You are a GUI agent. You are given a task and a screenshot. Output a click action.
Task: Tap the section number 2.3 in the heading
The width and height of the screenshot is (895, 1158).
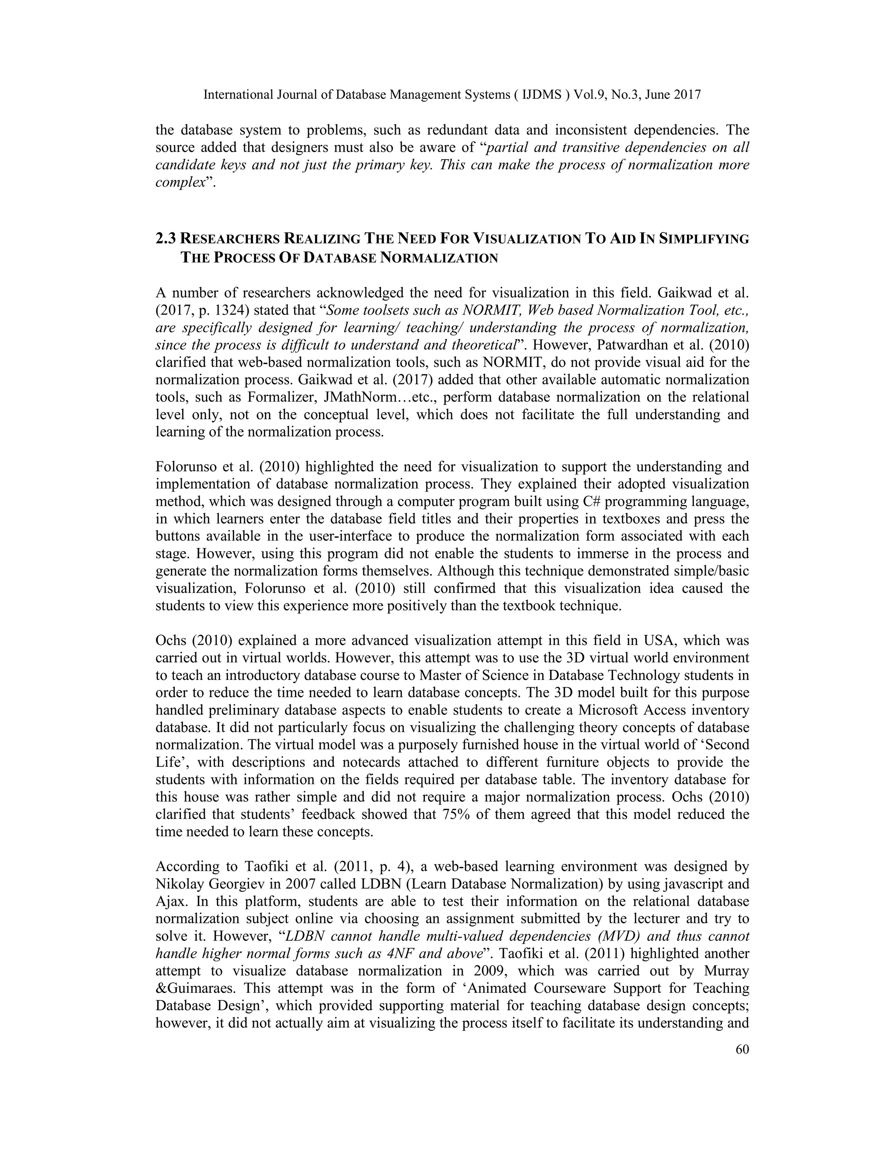pos(166,239)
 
